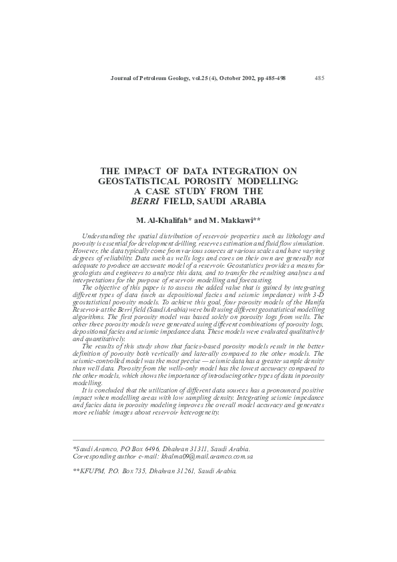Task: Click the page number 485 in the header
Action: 319,78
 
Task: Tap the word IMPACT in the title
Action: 141,172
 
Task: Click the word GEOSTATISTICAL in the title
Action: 133,181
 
